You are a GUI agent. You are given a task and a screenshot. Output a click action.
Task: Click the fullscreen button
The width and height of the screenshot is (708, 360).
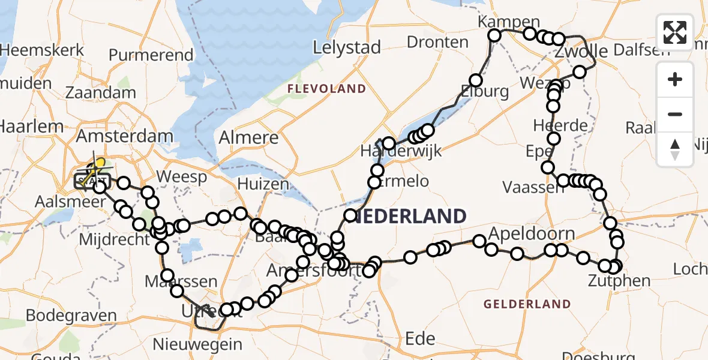(675, 32)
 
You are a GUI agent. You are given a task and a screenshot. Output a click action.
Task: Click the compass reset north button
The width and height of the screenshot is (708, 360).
(675, 149)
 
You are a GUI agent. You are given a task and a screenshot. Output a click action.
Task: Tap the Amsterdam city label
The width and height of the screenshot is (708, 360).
(124, 136)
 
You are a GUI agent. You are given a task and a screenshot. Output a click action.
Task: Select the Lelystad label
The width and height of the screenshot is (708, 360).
(347, 48)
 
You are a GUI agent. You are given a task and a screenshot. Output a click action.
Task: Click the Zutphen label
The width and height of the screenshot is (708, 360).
(619, 280)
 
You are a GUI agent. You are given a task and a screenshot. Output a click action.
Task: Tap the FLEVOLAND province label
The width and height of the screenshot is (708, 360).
(326, 89)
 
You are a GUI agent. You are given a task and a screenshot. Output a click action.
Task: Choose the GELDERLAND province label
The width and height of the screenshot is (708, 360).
(527, 304)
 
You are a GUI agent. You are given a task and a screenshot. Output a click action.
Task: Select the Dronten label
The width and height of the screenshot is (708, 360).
(437, 42)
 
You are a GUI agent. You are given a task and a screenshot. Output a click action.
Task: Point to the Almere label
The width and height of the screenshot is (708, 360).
(248, 137)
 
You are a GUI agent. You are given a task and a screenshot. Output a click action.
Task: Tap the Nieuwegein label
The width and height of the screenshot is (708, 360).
(197, 345)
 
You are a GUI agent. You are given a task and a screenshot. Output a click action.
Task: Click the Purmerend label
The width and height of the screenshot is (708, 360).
(151, 55)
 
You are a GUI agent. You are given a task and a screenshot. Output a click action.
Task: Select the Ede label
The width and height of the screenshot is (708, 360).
(420, 338)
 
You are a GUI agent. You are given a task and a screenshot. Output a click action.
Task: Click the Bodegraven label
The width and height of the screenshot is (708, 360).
(71, 316)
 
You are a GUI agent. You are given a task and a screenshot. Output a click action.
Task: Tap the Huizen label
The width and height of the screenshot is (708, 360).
(263, 184)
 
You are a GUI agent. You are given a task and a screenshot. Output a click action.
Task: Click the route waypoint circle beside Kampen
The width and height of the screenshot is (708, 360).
(494, 35)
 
